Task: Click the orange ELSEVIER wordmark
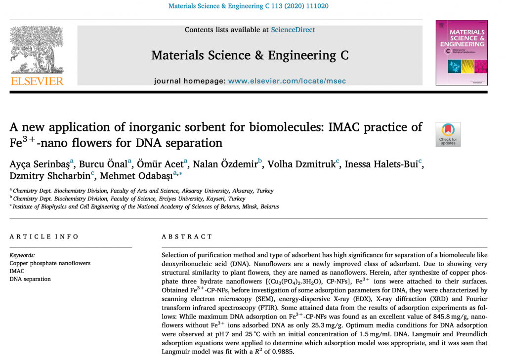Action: pyautogui.click(x=37, y=81)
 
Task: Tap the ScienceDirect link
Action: pyautogui.click(x=293, y=30)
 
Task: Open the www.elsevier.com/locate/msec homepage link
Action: pyautogui.click(x=287, y=80)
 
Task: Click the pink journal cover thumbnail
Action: pyautogui.click(x=461, y=53)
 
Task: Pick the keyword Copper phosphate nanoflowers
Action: pyautogui.click(x=50, y=263)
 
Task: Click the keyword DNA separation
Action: pyautogui.click(x=30, y=279)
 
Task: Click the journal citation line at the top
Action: pyautogui.click(x=249, y=6)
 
